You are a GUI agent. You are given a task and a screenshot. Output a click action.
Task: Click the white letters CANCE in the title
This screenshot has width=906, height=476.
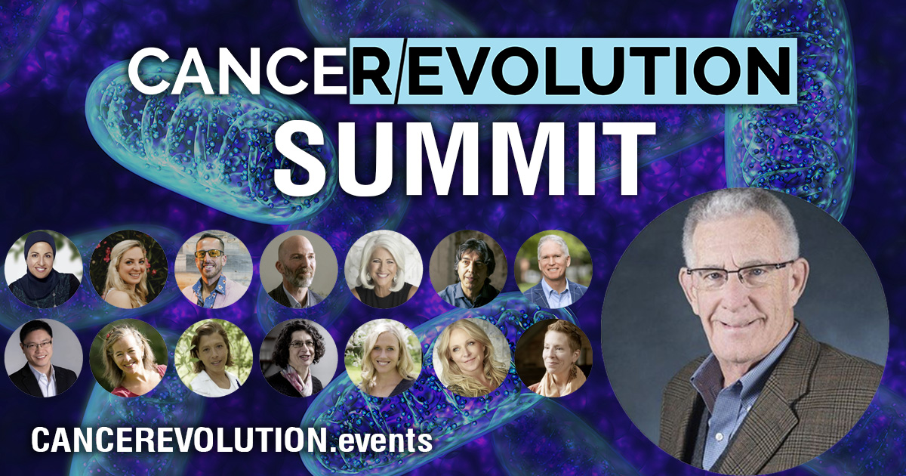(x=238, y=70)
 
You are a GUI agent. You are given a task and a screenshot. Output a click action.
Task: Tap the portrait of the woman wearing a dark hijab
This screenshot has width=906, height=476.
(x=43, y=269)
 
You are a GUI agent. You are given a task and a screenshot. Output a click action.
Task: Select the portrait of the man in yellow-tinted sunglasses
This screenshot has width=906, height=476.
(x=213, y=269)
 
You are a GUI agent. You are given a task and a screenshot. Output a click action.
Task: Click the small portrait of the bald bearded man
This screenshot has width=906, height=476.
(x=298, y=269)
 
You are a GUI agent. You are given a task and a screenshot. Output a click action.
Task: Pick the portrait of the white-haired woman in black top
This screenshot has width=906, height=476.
(x=384, y=269)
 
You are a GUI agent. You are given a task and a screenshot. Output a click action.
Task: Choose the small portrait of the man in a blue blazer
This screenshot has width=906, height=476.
(x=553, y=269)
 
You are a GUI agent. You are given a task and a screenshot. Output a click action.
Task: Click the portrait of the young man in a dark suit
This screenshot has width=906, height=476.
(x=43, y=357)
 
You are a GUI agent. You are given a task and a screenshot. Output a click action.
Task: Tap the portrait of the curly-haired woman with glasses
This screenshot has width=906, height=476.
(x=298, y=357)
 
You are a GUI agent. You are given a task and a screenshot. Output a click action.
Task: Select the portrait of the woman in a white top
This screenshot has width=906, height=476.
(x=213, y=357)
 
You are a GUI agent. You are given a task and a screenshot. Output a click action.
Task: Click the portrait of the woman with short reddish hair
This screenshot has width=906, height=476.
(x=553, y=357)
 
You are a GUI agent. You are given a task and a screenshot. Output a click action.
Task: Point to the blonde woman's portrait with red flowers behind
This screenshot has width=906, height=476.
(x=128, y=269)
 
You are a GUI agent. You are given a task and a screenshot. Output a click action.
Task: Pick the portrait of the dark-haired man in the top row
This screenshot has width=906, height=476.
(x=468, y=269)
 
